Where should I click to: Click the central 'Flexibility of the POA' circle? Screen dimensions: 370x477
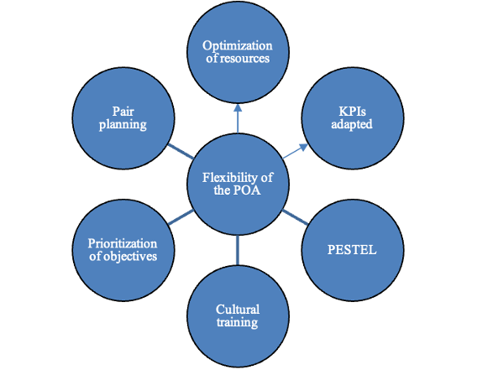click(238, 184)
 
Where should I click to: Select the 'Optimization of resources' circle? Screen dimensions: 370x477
click(238, 51)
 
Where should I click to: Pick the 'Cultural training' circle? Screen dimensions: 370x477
click(238, 316)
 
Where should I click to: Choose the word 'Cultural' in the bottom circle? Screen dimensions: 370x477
click(238, 309)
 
